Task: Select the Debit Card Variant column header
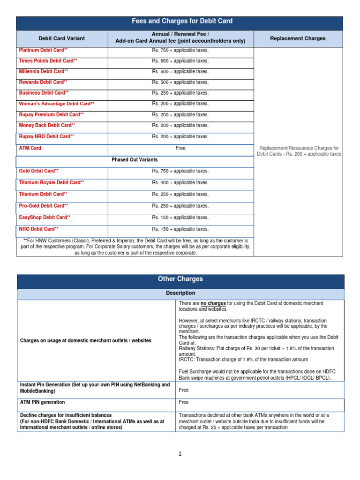[x=62, y=38]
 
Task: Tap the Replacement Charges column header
[x=298, y=38]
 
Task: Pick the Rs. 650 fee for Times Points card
[x=180, y=61]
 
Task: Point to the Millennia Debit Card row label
[x=43, y=72]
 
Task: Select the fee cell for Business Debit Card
[x=180, y=93]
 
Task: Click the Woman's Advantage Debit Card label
[x=56, y=104]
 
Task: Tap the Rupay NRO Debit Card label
[x=46, y=136]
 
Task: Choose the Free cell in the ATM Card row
[x=180, y=148]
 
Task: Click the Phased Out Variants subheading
[x=135, y=160]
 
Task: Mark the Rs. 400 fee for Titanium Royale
[x=180, y=183]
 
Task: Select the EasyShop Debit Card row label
[x=45, y=217]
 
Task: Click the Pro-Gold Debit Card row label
[x=43, y=206]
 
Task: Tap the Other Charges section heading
[x=180, y=279]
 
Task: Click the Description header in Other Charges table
[x=180, y=293]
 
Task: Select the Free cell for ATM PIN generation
[x=184, y=402]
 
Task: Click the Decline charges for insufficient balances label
[x=66, y=415]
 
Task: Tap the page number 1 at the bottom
[x=180, y=454]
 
